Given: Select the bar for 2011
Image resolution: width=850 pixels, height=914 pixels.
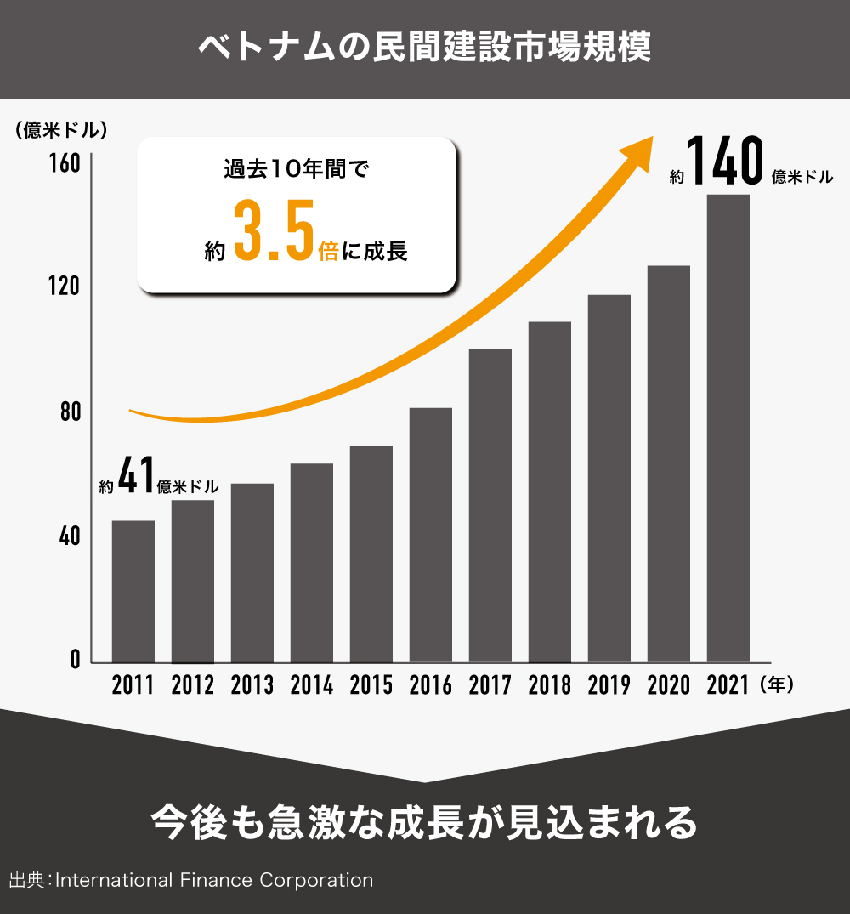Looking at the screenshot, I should tap(133, 591).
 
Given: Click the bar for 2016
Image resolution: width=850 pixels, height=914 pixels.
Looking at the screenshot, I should tap(430, 535).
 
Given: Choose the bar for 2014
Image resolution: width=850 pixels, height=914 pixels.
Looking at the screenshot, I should tap(311, 562).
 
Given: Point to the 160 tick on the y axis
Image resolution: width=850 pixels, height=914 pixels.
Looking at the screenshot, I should tap(69, 163).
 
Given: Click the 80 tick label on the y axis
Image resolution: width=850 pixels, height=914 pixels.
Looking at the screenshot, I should tap(69, 412).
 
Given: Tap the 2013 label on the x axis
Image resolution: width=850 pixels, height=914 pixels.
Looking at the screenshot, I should tap(252, 685).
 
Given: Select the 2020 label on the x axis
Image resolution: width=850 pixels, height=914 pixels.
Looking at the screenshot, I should tap(668, 685).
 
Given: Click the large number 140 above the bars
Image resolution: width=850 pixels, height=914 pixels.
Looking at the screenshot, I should tap(723, 162).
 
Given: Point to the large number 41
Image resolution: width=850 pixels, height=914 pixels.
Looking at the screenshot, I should tap(136, 477).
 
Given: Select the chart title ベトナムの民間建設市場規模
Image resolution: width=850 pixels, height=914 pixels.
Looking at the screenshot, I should tap(424, 48).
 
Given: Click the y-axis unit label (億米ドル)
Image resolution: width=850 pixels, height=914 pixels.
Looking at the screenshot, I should tap(60, 130).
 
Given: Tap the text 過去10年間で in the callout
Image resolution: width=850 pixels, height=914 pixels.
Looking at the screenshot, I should tap(297, 169).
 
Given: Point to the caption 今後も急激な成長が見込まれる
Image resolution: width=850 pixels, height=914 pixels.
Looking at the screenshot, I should tap(424, 822).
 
